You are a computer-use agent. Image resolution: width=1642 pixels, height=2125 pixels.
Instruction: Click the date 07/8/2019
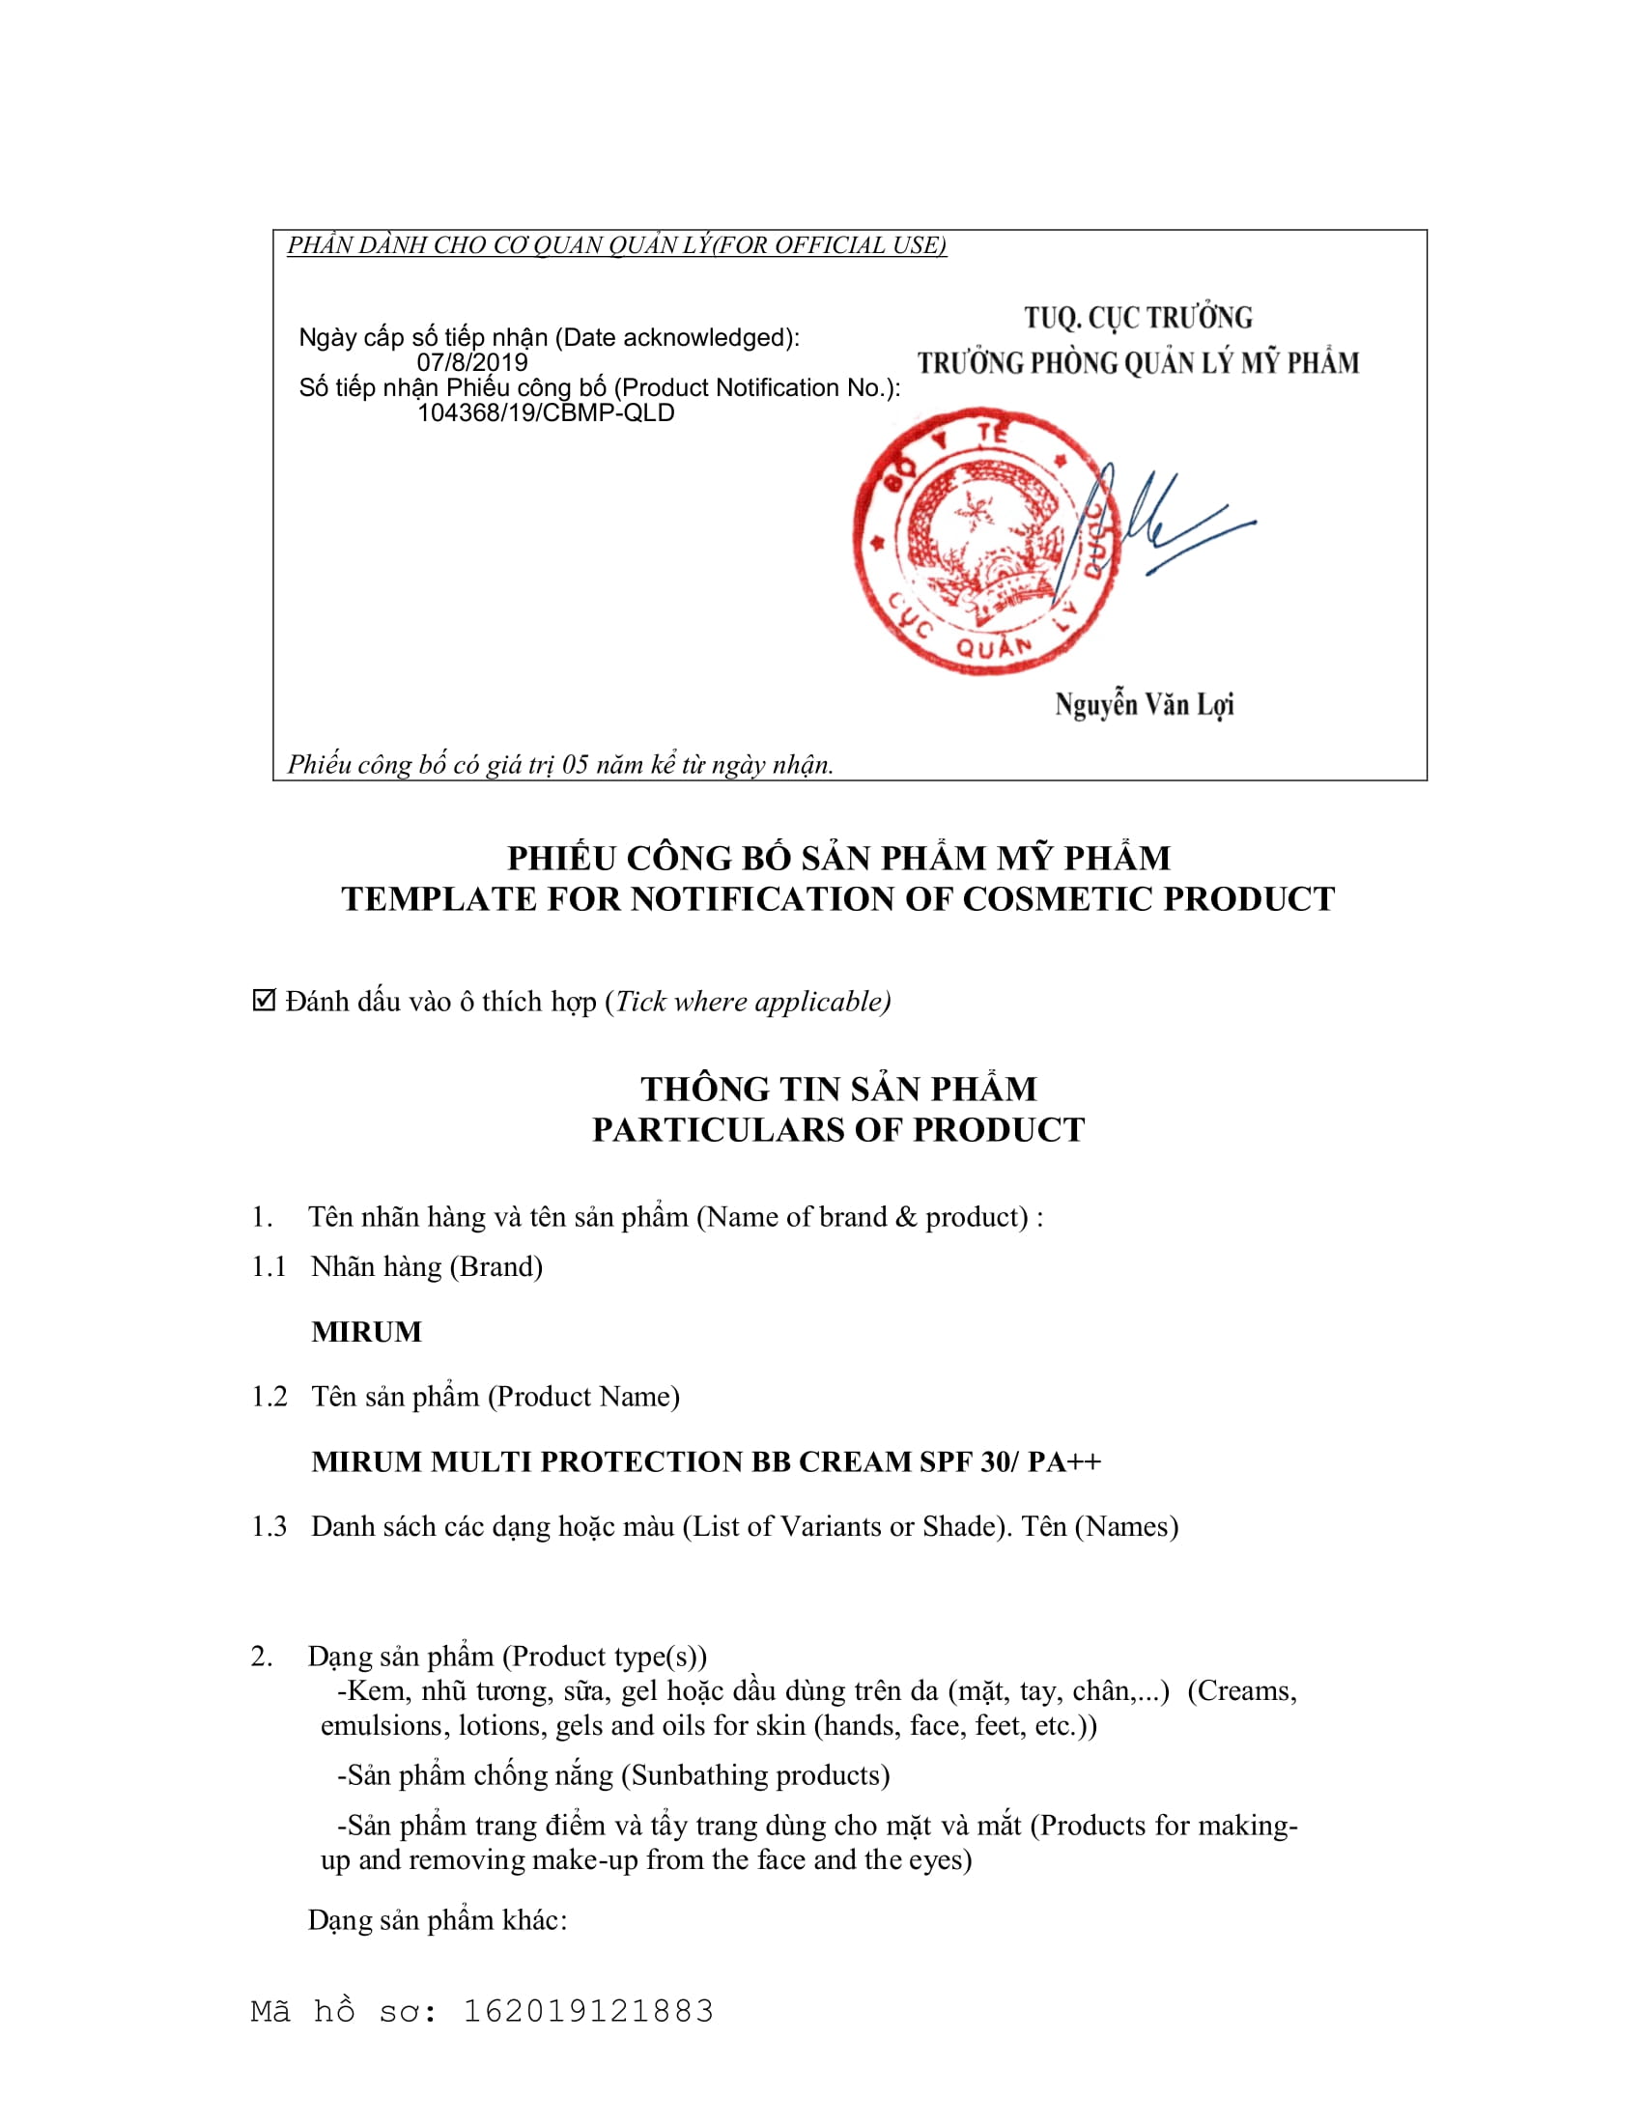471,363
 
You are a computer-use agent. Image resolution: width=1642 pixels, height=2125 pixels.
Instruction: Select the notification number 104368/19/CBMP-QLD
546,413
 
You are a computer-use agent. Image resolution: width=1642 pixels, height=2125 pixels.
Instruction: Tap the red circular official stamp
984,541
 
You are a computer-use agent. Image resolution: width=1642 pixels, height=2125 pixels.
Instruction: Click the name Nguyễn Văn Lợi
1144,704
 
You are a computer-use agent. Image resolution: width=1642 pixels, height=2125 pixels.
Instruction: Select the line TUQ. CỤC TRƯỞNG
1138,318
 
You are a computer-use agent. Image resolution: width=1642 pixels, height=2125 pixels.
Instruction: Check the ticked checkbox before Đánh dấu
264,1001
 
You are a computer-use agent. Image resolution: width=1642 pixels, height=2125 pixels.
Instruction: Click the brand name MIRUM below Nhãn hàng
367,1332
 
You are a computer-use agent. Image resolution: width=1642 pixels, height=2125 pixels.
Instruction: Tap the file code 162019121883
587,2011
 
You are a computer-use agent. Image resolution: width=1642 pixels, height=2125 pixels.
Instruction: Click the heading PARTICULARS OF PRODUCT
838,1130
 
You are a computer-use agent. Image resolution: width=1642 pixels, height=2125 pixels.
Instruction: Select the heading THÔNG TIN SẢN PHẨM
838,1088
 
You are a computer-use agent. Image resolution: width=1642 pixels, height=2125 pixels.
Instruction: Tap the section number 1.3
269,1526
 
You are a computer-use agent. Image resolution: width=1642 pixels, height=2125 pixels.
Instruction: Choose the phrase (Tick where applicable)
748,1002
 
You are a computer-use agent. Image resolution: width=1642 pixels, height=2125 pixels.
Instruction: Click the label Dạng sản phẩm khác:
438,1919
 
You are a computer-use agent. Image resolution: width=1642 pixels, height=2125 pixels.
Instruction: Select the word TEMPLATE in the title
439,899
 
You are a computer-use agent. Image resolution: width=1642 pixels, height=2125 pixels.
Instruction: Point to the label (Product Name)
583,1398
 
